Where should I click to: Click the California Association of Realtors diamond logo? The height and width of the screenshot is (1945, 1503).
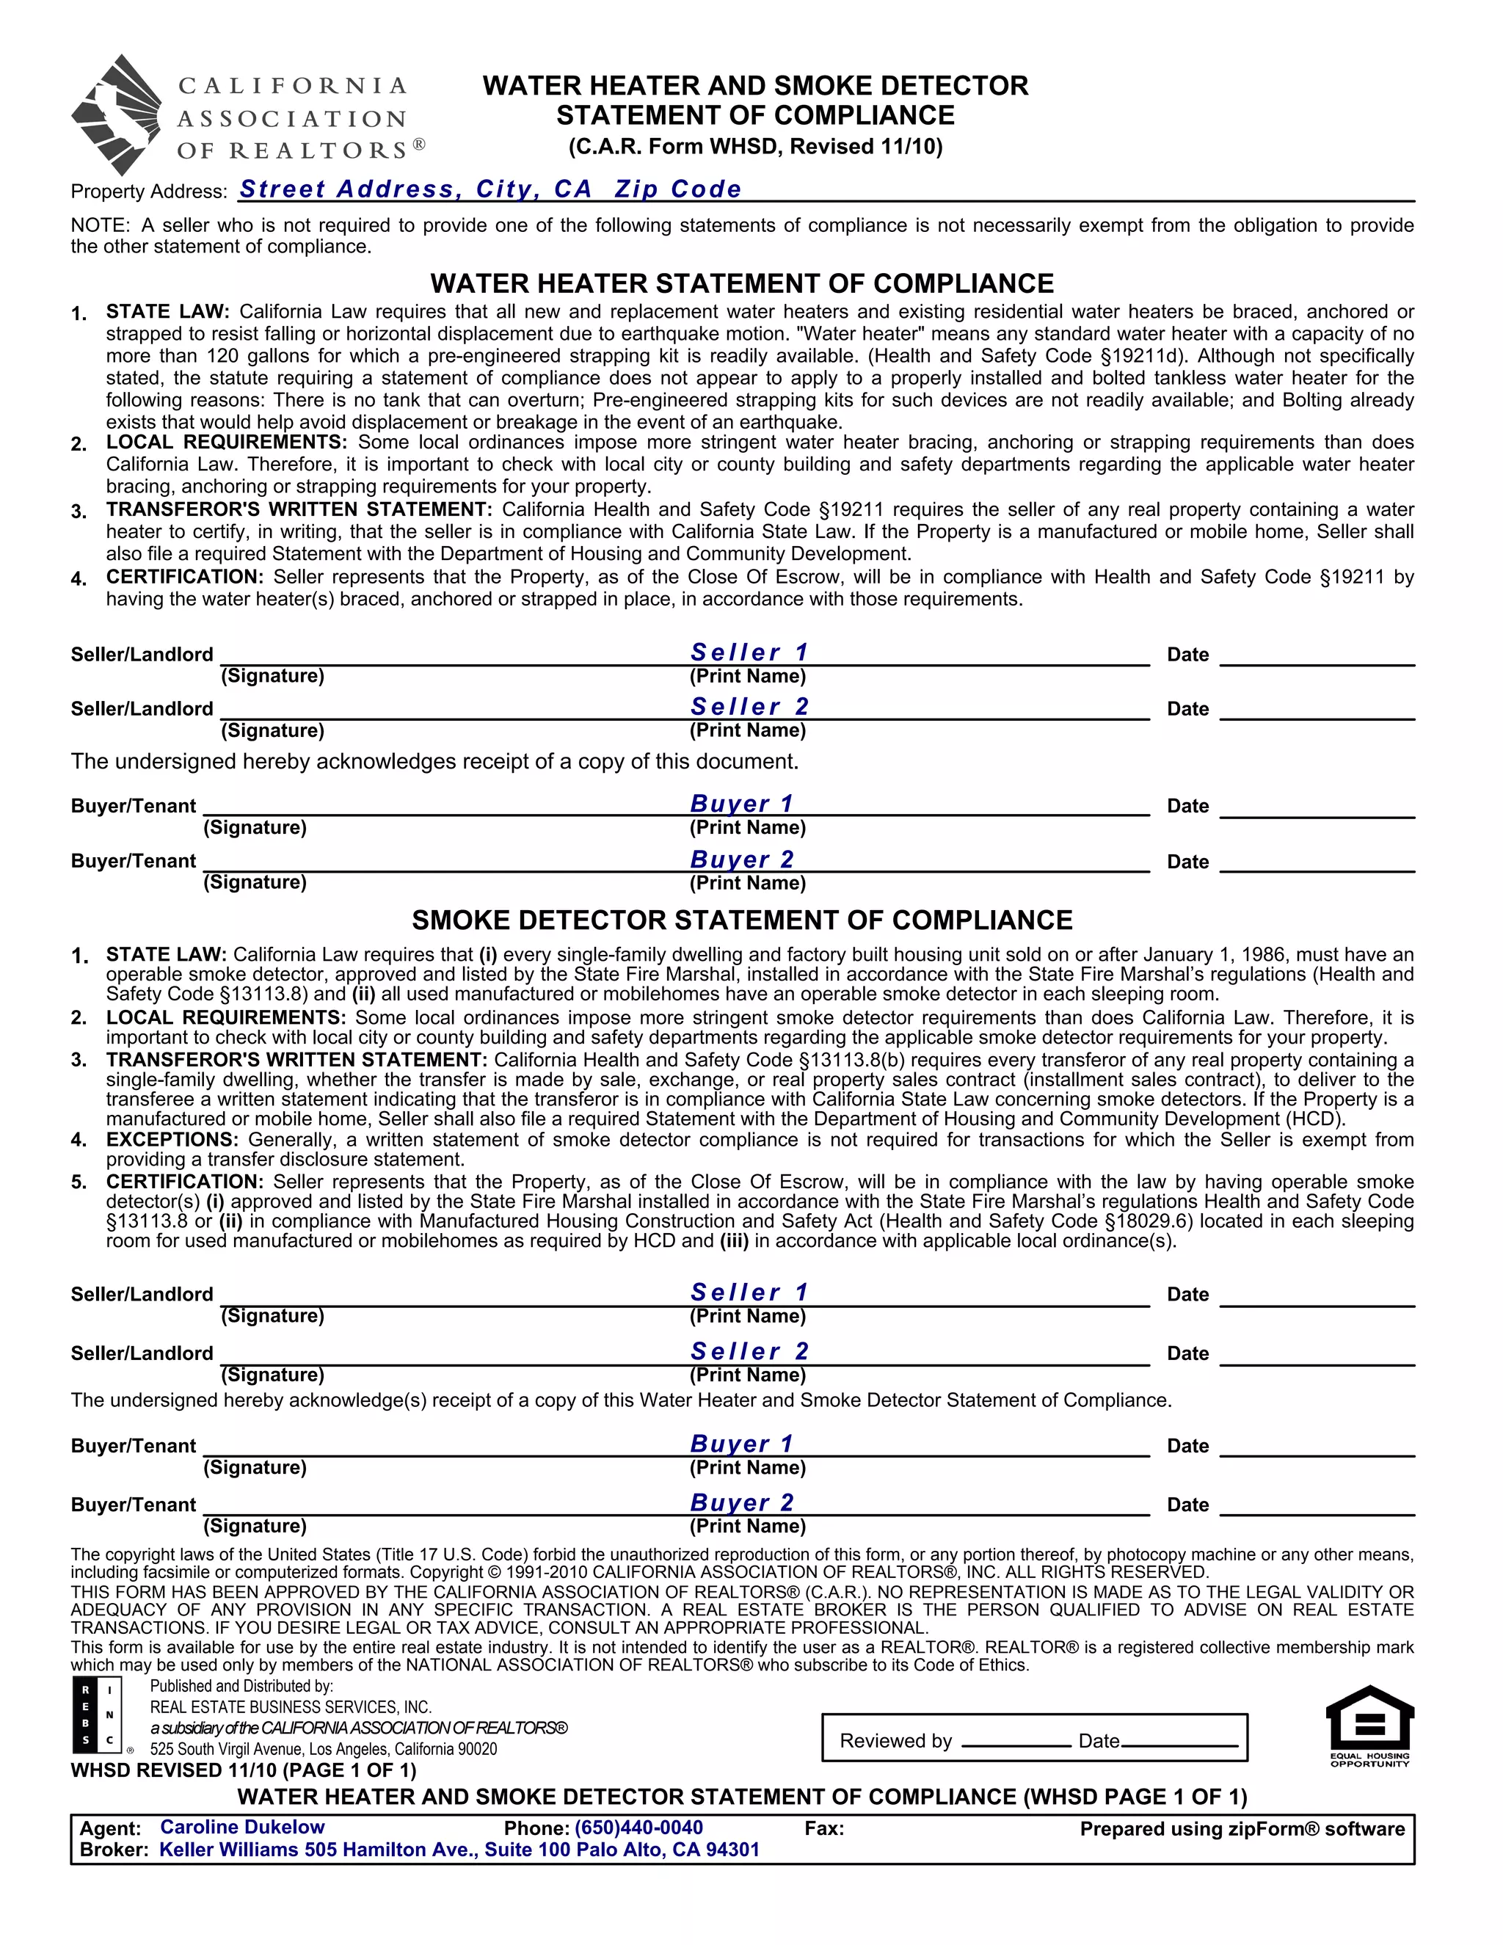117,115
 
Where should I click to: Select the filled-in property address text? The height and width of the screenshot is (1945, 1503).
490,189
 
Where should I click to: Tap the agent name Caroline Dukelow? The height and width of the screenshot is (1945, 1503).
242,1827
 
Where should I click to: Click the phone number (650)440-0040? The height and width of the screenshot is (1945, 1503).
638,1828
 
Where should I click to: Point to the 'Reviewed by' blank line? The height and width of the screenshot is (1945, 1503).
1016,1744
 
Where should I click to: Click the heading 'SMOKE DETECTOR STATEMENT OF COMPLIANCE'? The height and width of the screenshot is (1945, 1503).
742,920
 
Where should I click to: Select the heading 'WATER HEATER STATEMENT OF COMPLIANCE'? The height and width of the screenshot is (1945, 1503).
742,283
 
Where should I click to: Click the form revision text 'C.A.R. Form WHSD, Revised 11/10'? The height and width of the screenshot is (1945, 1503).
755,146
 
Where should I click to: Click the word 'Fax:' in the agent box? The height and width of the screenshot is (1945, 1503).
823,1828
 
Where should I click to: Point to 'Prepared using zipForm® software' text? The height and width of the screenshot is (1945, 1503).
1241,1828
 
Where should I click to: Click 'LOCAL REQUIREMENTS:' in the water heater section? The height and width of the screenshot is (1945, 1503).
226,443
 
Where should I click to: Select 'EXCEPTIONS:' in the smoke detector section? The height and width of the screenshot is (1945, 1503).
172,1139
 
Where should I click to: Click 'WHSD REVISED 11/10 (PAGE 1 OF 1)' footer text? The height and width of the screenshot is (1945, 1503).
243,1770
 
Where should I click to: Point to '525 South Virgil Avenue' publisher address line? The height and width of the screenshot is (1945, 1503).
323,1748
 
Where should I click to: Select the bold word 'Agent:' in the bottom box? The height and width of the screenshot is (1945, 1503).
110,1828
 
